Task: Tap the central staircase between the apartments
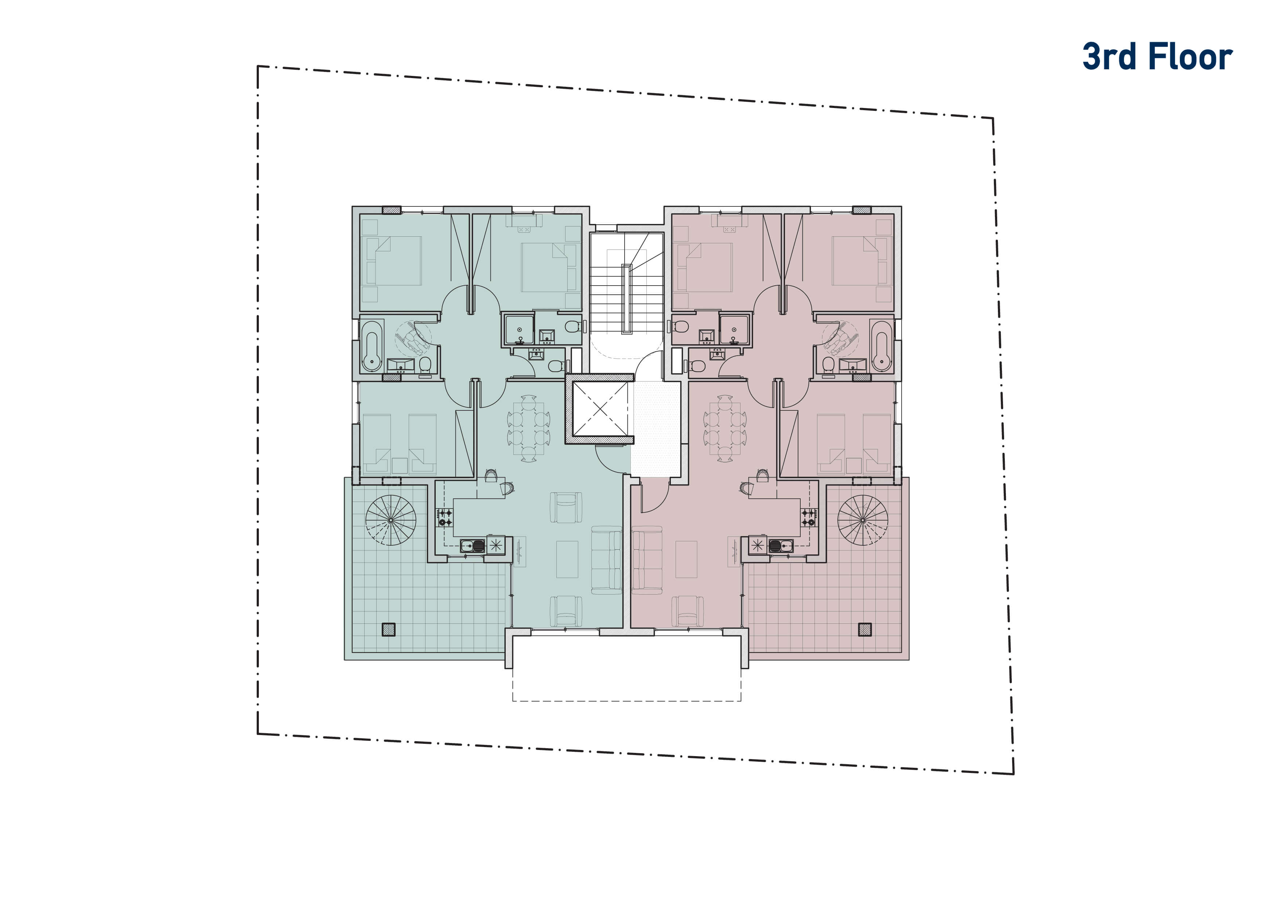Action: pos(627,284)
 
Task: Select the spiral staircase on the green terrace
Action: pos(390,520)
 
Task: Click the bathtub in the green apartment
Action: pos(372,345)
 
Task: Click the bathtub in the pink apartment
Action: pos(881,345)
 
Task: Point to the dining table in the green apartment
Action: pos(529,428)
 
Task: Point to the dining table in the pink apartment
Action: pos(725,428)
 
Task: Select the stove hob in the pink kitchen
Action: pos(809,518)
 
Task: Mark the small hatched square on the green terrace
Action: pos(388,630)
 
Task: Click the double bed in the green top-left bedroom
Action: pos(391,261)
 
